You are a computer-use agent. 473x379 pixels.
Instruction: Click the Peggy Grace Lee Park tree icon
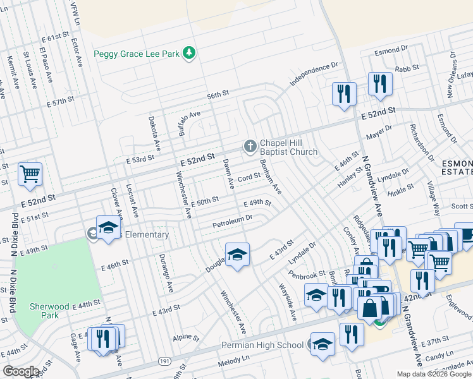[x=188, y=54]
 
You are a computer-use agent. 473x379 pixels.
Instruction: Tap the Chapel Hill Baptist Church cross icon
[x=250, y=147]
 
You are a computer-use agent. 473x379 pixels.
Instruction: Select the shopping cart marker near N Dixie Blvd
[x=30, y=174]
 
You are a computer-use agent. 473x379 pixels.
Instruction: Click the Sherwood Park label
[x=53, y=311]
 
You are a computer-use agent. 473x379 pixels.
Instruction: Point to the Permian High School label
[x=262, y=345]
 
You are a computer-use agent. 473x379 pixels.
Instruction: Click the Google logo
[x=20, y=371]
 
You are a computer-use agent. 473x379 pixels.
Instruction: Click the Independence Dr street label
[x=314, y=74]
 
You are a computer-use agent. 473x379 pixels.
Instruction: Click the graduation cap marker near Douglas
[x=237, y=255]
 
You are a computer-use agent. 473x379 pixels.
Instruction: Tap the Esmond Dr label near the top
[x=387, y=50]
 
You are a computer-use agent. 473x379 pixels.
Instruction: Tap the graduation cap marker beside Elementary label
[x=108, y=227]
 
